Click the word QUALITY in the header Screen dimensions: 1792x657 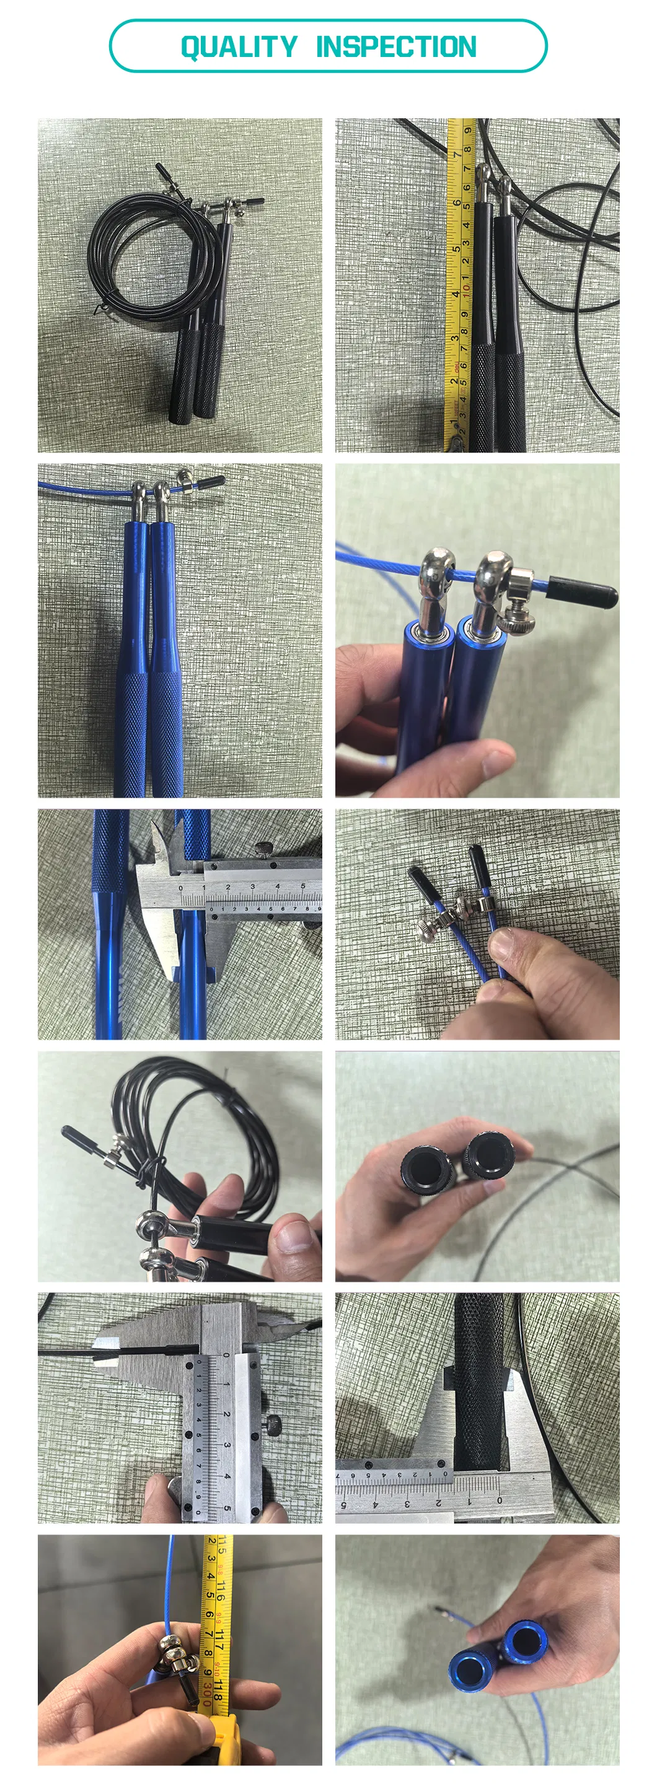239,47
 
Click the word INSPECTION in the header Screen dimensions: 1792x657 396,47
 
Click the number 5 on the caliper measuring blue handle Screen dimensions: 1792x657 302,886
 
